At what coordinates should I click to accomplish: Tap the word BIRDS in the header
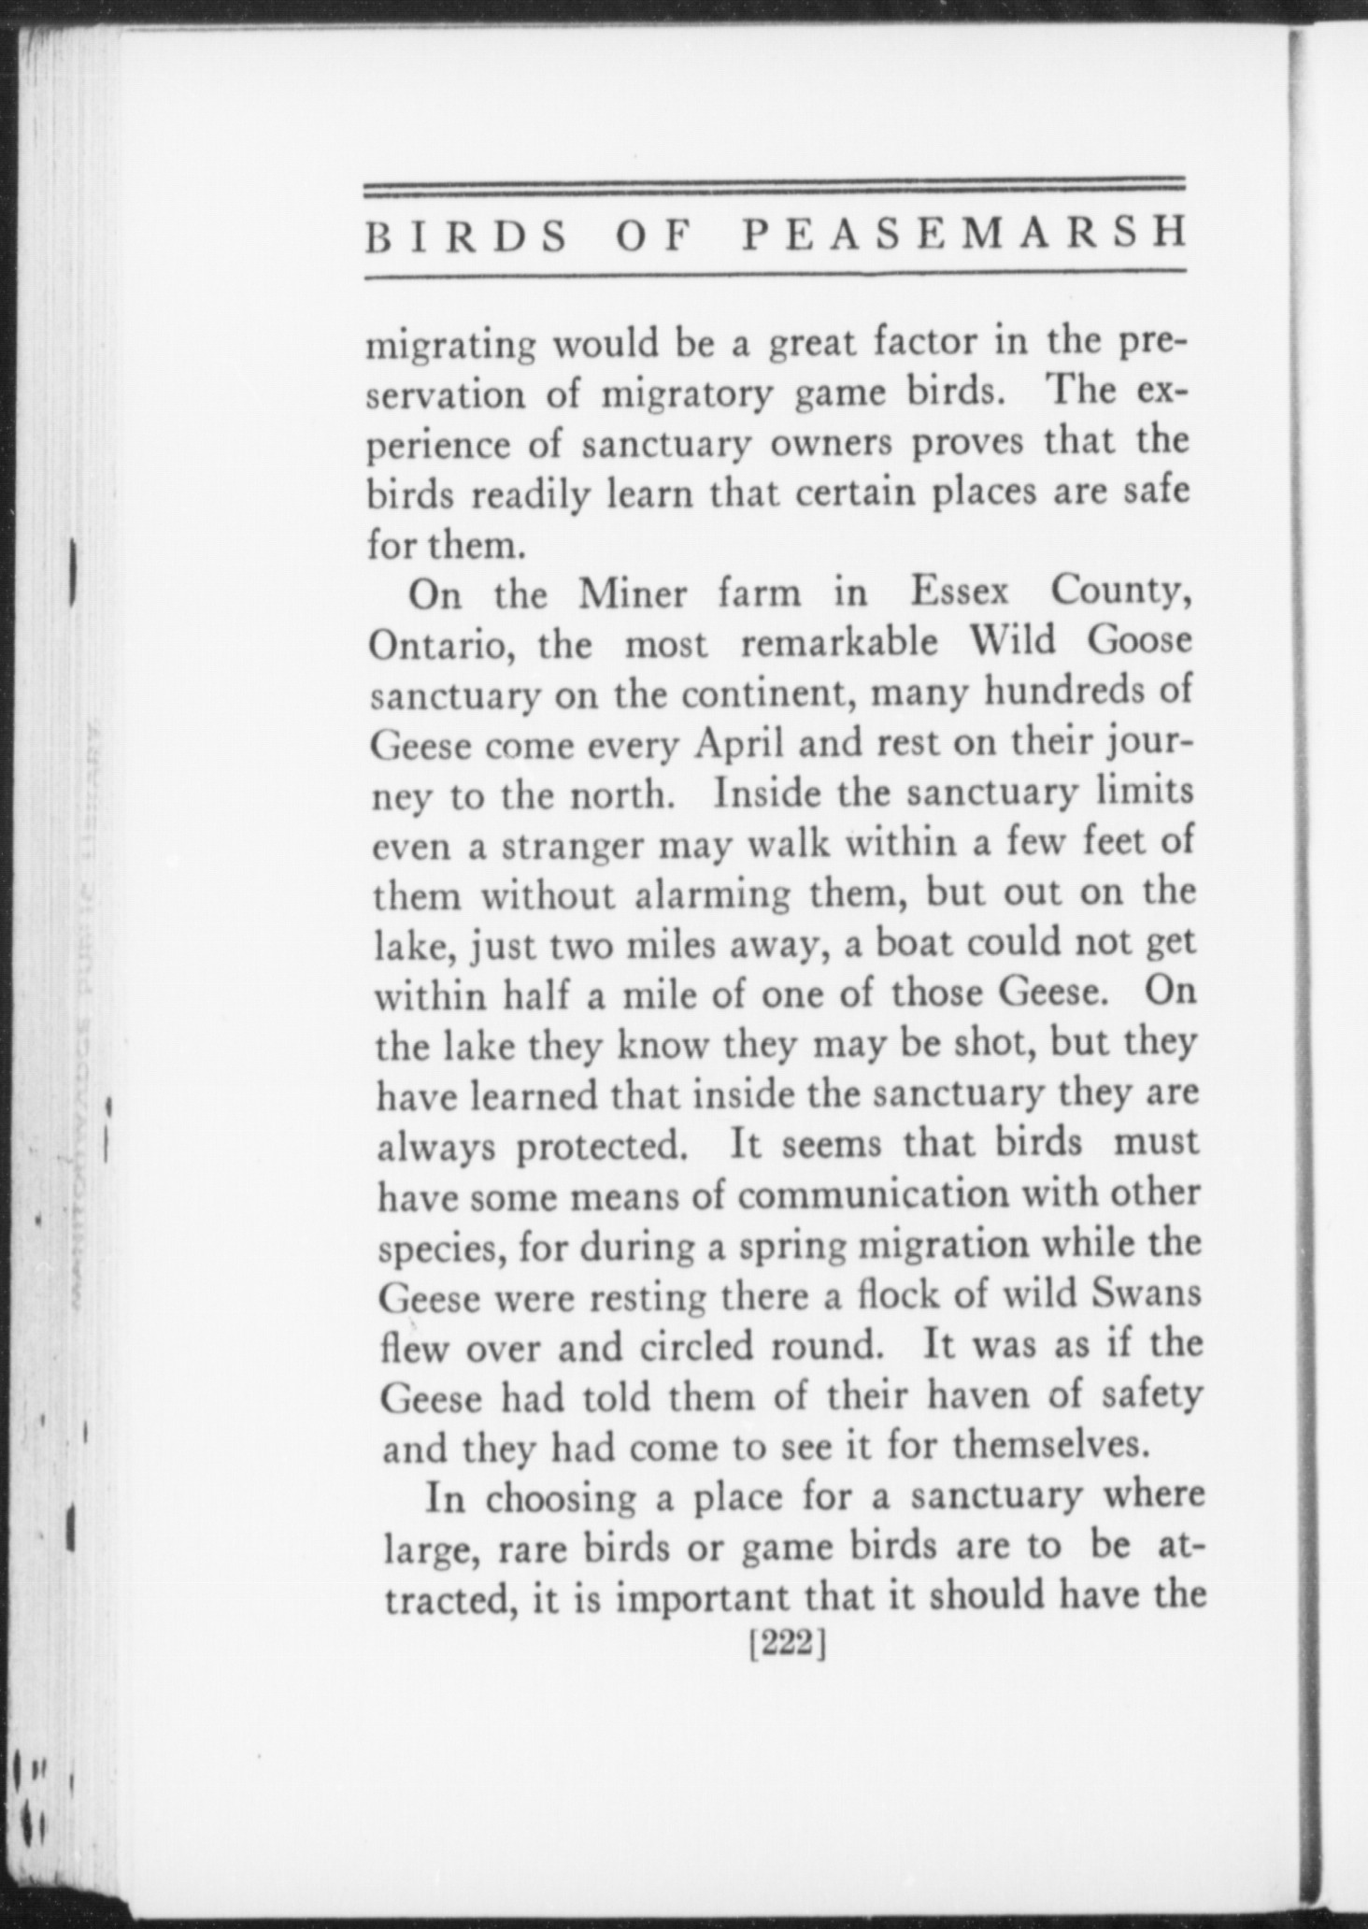click(467, 237)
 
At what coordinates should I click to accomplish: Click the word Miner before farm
click(638, 594)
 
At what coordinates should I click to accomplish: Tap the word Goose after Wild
click(1140, 641)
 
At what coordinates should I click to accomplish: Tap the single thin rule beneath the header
click(775, 274)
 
